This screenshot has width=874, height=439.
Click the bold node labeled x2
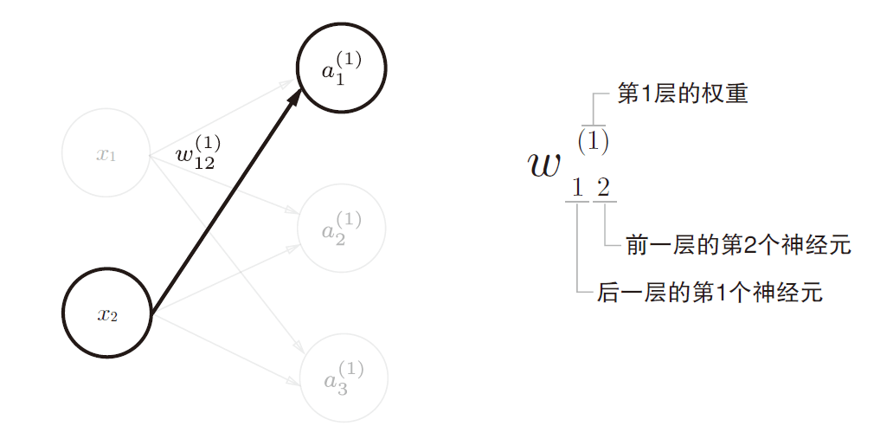107,313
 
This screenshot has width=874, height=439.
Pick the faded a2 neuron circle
341,228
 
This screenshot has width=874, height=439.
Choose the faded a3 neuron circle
343,378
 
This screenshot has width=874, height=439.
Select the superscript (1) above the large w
593,141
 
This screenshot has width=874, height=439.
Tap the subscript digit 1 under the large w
577,186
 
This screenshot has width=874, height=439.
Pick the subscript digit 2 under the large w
603,186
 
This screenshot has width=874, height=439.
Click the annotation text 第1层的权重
682,94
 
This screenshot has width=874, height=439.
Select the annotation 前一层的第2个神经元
738,245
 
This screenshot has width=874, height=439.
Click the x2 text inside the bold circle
107,313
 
